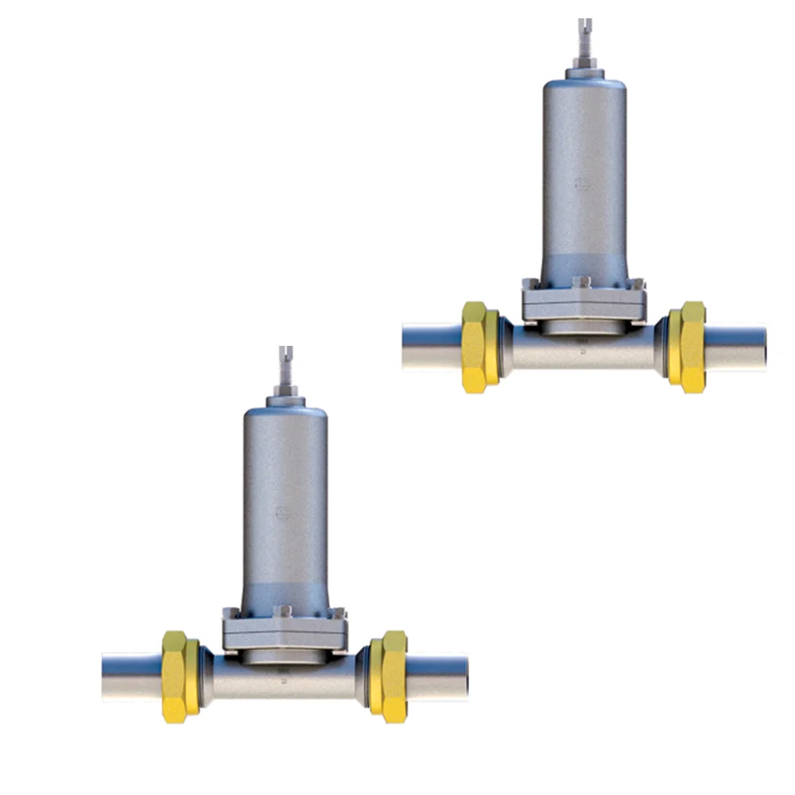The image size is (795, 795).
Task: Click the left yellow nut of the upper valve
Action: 480,347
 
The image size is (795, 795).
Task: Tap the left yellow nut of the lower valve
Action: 180,676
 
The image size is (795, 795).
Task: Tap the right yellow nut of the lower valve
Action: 388,676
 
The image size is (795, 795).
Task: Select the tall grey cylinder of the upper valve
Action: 584,175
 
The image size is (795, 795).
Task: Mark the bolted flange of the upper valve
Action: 584,301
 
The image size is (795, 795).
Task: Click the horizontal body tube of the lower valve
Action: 285,680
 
